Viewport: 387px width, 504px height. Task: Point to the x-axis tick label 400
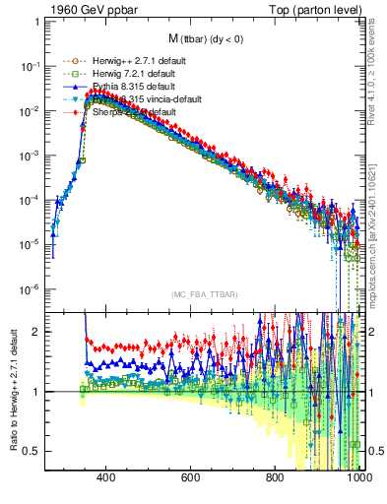click(x=105, y=479)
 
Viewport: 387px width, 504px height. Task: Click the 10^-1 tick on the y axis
click(x=30, y=66)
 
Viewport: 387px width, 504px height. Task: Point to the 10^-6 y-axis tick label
click(x=30, y=289)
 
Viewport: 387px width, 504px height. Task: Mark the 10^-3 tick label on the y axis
click(x=30, y=156)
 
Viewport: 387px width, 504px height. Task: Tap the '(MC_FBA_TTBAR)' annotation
click(x=204, y=294)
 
